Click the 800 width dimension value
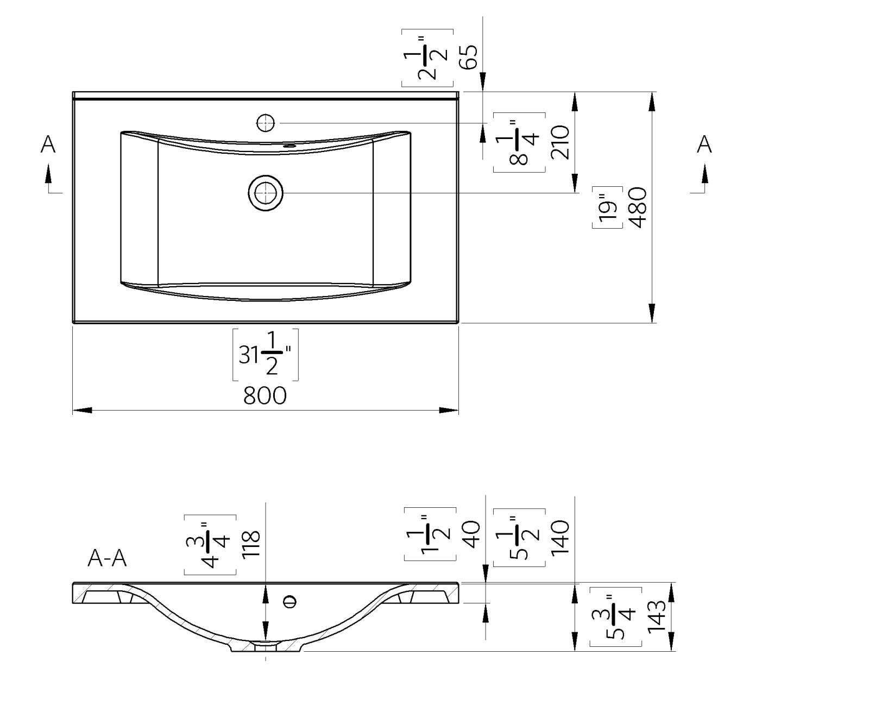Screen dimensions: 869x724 265,396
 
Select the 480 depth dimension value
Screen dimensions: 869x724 638,207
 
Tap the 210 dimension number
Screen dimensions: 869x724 560,142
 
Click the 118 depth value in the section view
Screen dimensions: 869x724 251,545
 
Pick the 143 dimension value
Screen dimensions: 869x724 656,616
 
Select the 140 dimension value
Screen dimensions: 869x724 560,537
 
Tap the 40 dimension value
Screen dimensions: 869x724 471,534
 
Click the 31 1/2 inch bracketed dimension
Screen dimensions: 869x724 265,355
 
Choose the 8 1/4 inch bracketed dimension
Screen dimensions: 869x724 519,142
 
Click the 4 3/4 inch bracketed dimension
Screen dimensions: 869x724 210,544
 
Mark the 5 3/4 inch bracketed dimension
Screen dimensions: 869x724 616,616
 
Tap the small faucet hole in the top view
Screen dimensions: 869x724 266,123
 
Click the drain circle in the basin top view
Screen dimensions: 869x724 266,193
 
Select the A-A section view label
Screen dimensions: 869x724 107,558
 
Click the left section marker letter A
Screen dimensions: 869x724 48,144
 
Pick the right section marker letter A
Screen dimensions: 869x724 704,144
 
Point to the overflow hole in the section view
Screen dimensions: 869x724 291,601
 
